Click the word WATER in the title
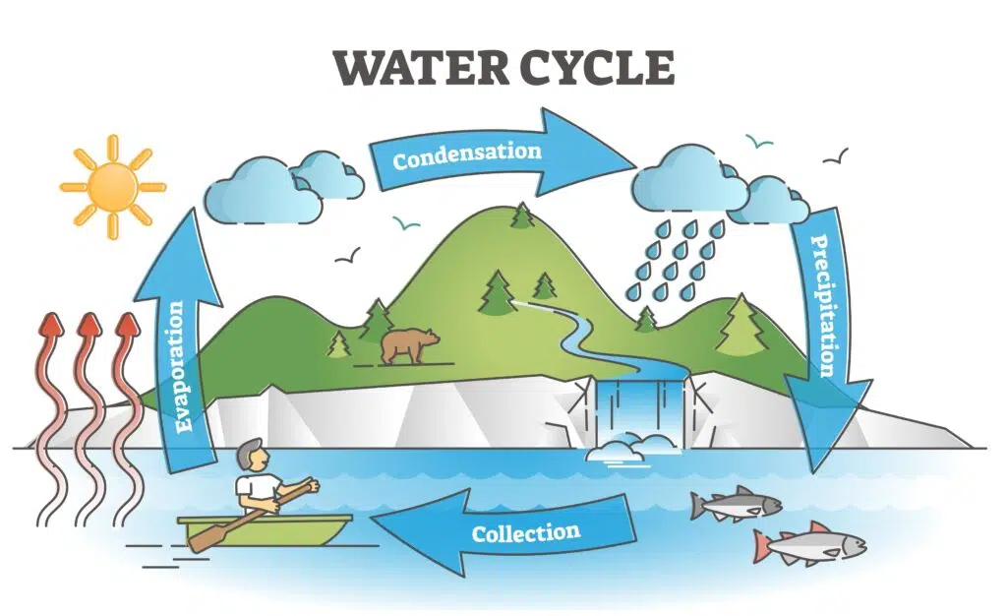coord(420,68)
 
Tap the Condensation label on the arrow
coord(467,155)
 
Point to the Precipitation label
coord(823,306)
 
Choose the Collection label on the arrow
coord(526,532)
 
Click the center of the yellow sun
coord(113,187)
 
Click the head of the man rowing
coord(251,456)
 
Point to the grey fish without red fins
coord(736,504)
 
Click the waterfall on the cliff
coord(639,411)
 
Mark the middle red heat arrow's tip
coord(89,314)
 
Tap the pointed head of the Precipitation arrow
coord(815,472)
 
